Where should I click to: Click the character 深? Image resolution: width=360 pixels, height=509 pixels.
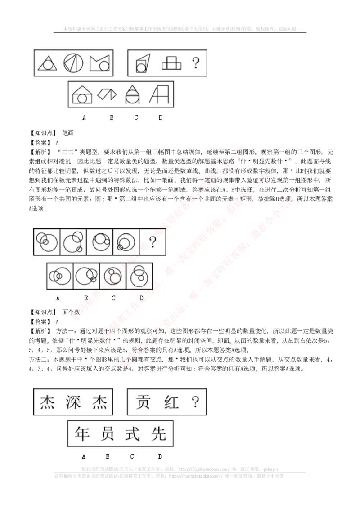click(73, 402)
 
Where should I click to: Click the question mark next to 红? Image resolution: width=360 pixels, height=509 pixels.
click(195, 402)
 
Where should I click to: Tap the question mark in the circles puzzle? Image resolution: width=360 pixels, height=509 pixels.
click(153, 243)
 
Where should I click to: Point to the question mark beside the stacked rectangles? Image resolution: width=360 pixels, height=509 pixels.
click(195, 63)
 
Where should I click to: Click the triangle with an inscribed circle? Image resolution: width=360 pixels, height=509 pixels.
click(47, 63)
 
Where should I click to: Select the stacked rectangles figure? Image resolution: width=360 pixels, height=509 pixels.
click(171, 63)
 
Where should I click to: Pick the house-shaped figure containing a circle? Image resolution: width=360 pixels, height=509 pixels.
click(82, 95)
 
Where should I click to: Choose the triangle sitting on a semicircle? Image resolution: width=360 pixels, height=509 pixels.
click(133, 94)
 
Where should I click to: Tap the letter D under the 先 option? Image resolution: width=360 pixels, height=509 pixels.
click(160, 456)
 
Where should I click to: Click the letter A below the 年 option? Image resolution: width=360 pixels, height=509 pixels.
click(84, 456)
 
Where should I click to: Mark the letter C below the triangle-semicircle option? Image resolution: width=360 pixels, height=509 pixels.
click(136, 118)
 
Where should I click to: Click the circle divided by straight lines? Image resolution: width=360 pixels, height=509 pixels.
click(74, 63)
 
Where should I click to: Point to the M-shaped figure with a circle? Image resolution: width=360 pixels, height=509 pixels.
click(100, 63)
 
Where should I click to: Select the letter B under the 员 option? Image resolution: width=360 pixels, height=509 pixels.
click(108, 456)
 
